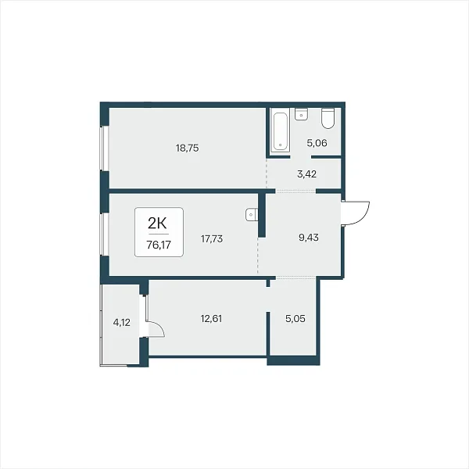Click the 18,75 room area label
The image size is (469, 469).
coord(188,148)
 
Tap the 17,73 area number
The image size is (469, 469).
coord(212,239)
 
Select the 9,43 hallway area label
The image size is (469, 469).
coord(309,238)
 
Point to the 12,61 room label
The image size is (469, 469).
coord(212,319)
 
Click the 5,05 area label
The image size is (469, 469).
coord(295,319)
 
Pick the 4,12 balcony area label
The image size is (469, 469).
coord(121,323)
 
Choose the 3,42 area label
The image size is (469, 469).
coord(307,174)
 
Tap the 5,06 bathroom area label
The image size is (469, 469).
coord(317,143)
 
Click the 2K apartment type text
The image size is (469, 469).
coord(157,223)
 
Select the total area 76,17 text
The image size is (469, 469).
coord(159,245)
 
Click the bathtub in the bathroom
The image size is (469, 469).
coord(281,131)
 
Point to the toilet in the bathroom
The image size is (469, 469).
coord(328,118)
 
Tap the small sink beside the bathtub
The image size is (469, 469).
coord(302,114)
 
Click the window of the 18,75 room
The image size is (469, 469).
coord(102,149)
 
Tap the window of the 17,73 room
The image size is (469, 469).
coord(102,234)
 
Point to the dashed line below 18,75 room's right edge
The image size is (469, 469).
coord(267,173)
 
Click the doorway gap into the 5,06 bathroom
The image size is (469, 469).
coord(301,157)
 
